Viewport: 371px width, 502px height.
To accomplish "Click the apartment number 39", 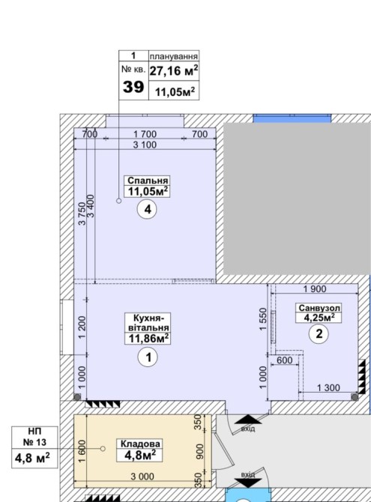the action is point(133,87).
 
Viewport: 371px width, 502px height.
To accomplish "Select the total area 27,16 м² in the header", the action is point(174,70).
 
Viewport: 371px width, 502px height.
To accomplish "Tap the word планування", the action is point(174,56).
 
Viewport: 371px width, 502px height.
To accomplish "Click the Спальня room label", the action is point(148,181).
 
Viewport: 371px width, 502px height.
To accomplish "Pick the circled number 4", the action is point(148,210).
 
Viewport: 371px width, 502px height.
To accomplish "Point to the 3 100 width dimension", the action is point(145,145).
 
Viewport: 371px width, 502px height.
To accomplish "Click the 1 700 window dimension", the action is point(145,134).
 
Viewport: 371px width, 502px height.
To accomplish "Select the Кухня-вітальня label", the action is point(148,323).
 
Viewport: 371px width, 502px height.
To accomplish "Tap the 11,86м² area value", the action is point(148,338).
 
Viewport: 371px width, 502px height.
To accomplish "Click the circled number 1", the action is point(148,357).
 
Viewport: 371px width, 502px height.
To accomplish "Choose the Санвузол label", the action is point(319,308).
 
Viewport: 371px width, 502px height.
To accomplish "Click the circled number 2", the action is point(319,334).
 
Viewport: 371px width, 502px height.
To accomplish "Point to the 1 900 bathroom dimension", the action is point(315,289).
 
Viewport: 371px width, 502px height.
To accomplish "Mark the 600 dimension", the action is point(285,360).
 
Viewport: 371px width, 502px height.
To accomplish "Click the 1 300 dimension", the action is point(328,388).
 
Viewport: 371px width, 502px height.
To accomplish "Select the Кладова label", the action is point(140,444).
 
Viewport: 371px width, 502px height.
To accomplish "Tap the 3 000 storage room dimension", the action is point(142,477).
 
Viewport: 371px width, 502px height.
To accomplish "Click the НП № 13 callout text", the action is point(34,437).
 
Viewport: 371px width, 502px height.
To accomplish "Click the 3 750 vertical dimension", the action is point(82,214).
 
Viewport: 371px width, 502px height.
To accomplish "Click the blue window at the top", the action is point(292,118).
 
